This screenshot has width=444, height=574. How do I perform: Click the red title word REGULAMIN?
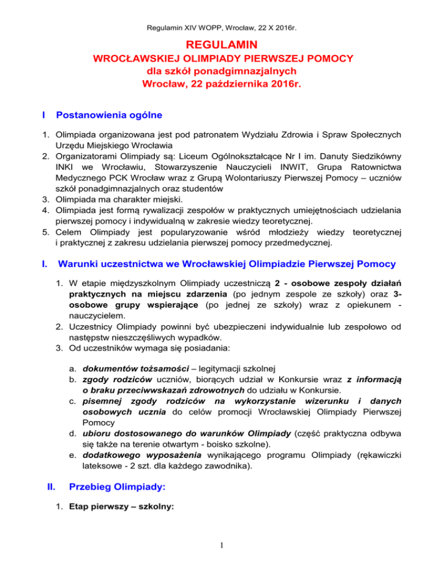click(222, 44)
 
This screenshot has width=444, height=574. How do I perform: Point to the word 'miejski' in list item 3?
click(137, 211)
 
